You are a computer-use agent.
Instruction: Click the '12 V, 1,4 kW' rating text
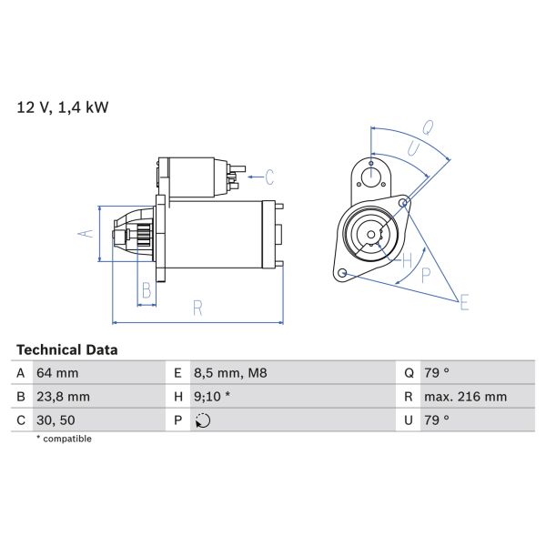click(63, 107)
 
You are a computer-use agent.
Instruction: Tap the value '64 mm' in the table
click(57, 373)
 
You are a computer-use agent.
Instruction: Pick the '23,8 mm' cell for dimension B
click(63, 397)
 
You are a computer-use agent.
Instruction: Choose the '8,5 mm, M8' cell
click(228, 373)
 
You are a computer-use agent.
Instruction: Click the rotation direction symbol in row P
click(202, 420)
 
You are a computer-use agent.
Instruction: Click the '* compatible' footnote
click(64, 439)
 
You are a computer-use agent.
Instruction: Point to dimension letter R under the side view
click(197, 308)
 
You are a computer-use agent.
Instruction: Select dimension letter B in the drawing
click(145, 291)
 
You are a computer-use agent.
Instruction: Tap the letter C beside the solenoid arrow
click(269, 176)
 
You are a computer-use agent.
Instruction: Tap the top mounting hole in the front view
click(371, 176)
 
